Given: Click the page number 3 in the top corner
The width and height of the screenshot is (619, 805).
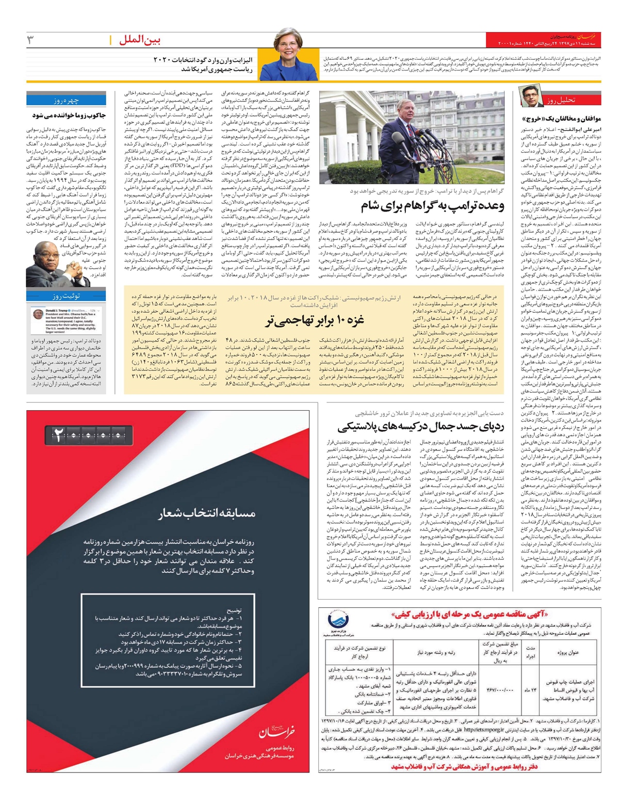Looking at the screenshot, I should point(30,40).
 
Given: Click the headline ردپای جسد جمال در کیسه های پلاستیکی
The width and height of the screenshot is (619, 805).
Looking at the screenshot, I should point(420,426).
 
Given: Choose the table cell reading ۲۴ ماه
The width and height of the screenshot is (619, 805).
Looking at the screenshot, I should point(529,690).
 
